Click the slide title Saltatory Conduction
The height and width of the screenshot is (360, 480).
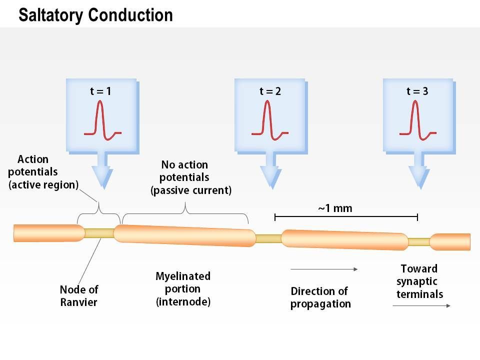tap(95, 15)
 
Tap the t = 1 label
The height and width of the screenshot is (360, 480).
tap(100, 91)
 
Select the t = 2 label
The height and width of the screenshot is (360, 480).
tap(270, 91)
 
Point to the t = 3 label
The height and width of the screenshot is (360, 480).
tap(417, 91)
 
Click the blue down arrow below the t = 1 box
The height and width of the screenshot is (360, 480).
tap(102, 172)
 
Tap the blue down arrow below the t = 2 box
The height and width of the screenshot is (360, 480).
tap(270, 172)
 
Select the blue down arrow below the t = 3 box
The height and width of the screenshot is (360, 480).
tap(418, 172)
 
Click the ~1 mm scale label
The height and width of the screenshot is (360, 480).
tap(335, 208)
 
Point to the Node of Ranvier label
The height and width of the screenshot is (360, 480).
tap(79, 295)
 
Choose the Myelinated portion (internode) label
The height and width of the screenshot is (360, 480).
tap(183, 289)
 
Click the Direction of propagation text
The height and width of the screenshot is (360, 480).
tap(320, 297)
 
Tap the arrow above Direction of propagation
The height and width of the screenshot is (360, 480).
tap(324, 269)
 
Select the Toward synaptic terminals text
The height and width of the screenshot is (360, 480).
tap(419, 281)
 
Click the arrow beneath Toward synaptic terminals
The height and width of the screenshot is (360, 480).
tap(421, 305)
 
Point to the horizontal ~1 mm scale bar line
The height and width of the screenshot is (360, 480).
tap(346, 217)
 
